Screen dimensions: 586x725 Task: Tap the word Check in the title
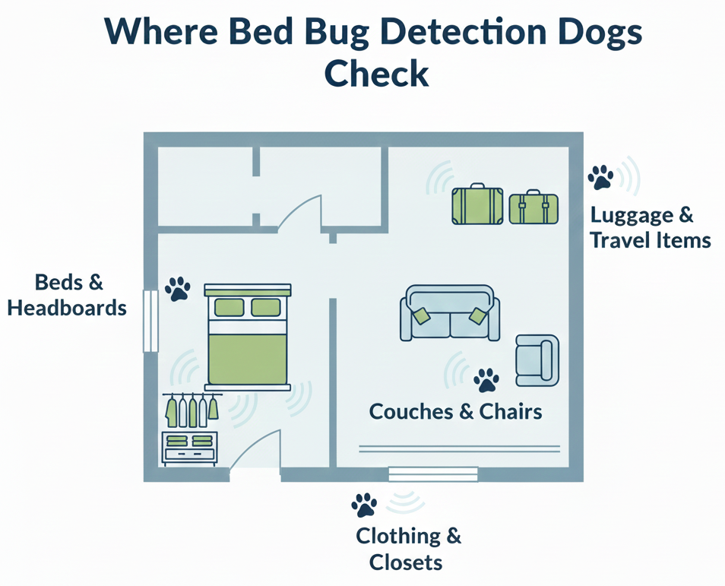click(376, 74)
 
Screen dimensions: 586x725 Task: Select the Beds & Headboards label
click(68, 296)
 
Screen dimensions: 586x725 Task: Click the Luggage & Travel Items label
click(651, 227)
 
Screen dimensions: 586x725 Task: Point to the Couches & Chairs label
click(455, 411)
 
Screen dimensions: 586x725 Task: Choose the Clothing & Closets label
click(408, 549)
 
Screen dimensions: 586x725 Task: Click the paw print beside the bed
click(178, 289)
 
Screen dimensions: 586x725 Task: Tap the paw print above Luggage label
click(600, 177)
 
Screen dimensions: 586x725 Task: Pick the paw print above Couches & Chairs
click(486, 379)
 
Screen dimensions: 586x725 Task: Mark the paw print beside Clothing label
click(364, 505)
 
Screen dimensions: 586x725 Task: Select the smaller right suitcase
click(533, 207)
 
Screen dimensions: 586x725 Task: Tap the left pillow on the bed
click(229, 307)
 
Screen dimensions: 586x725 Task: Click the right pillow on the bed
click(266, 307)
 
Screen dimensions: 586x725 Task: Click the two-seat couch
click(449, 313)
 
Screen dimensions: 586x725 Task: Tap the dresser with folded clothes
click(190, 448)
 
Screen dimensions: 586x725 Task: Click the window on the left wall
click(150, 319)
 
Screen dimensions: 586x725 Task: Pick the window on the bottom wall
click(433, 474)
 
